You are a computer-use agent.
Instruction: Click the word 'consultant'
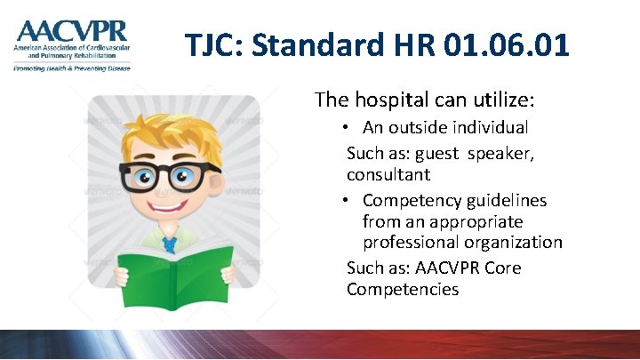click(x=388, y=174)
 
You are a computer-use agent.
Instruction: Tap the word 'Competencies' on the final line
click(x=403, y=289)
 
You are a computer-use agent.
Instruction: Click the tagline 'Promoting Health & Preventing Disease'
click(x=71, y=68)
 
